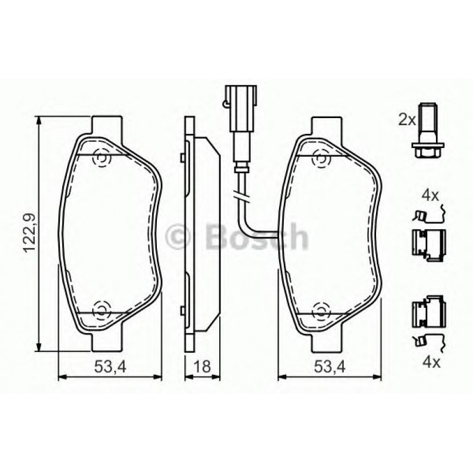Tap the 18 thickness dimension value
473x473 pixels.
tap(202, 366)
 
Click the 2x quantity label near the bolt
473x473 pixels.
tap(407, 120)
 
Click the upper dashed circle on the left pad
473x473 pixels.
tap(102, 158)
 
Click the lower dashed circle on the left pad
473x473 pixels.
tap(101, 308)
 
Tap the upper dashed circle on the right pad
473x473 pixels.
tap(321, 158)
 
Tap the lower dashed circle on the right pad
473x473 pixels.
tap(321, 309)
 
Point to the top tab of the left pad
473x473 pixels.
tap(108, 125)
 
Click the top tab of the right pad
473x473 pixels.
tap(327, 125)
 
